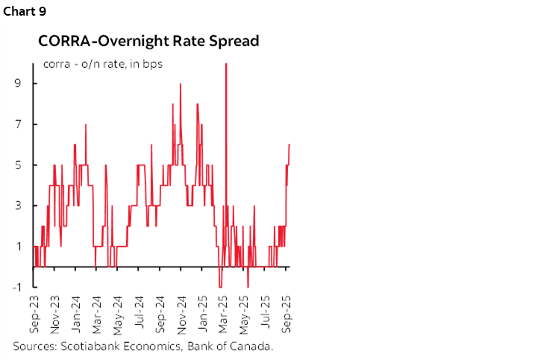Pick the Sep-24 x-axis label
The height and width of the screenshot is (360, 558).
(x=181, y=316)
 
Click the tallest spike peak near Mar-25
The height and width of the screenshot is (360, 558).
(x=225, y=64)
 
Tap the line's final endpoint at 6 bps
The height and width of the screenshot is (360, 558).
(x=289, y=144)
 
